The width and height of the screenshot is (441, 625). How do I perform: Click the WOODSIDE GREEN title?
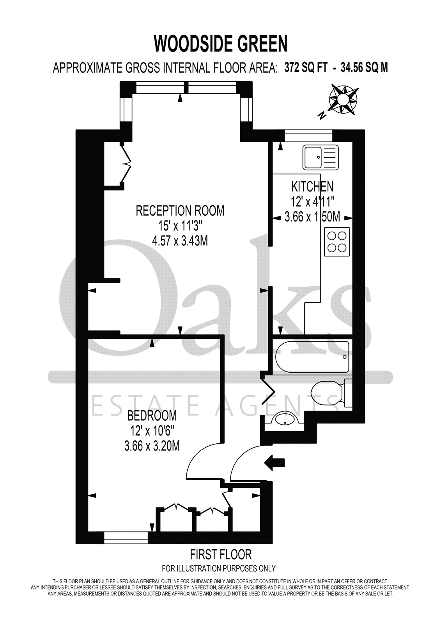(x=221, y=44)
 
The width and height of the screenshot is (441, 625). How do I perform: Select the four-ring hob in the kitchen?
(x=337, y=242)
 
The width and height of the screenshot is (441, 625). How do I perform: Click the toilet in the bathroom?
(x=332, y=393)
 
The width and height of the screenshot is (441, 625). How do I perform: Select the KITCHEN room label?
(x=312, y=186)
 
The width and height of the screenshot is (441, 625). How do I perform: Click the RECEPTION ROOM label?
(x=180, y=211)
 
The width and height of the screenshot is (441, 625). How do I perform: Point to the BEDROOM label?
(x=152, y=416)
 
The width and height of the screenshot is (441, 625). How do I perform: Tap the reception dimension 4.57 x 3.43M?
(x=180, y=241)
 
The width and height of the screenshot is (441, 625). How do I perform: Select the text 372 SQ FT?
(x=306, y=68)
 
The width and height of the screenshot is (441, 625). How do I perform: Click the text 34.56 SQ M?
(x=365, y=68)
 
